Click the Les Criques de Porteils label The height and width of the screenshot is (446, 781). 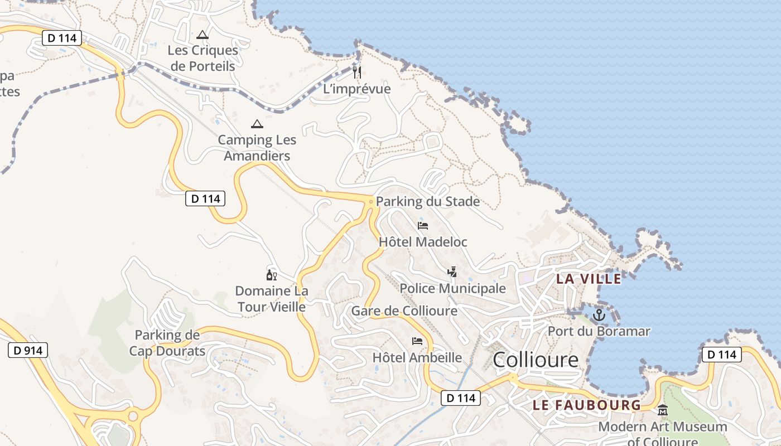click(203, 58)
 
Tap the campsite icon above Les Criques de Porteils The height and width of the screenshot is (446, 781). click(202, 35)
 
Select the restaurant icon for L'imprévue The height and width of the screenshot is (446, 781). click(357, 72)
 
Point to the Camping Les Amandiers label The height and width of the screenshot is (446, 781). click(257, 148)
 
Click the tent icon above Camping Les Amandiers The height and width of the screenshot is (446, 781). click(257, 124)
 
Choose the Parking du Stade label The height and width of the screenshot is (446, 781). click(428, 201)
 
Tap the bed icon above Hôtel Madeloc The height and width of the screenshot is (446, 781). click(423, 226)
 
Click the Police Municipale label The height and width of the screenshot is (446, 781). click(452, 288)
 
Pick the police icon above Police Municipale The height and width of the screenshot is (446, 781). click(452, 272)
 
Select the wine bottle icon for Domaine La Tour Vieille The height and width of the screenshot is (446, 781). click(272, 275)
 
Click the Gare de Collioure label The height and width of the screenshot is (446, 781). click(404, 311)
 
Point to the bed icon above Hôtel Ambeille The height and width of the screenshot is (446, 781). click(417, 341)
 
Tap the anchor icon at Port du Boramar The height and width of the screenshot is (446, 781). click(599, 316)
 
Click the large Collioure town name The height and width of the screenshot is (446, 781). click(536, 360)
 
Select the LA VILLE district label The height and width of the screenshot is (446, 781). click(589, 279)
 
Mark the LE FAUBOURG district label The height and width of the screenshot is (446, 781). click(586, 405)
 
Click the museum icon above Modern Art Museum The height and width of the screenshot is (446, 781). click(663, 410)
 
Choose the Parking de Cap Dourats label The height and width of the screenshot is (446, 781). click(167, 343)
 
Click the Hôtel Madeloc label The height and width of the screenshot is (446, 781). click(423, 242)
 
